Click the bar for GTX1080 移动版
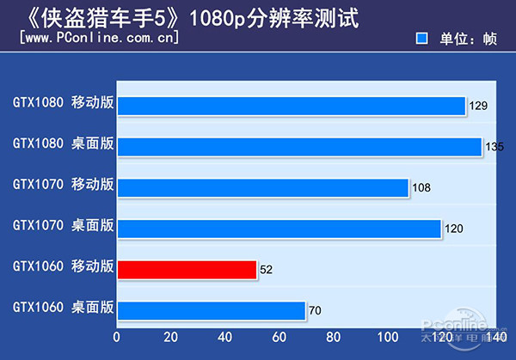pyautogui.click(x=292, y=106)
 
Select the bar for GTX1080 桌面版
pyautogui.click(x=299, y=147)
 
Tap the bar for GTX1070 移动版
pyautogui.click(x=263, y=187)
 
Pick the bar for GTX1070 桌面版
pyautogui.click(x=279, y=229)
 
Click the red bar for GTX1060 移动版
pyautogui.click(x=187, y=270)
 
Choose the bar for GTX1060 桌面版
pyautogui.click(x=212, y=310)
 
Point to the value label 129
pyautogui.click(x=478, y=106)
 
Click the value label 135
pyautogui.click(x=494, y=147)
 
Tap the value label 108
pyautogui.click(x=421, y=187)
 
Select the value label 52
pyautogui.click(x=266, y=270)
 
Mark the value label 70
pyautogui.click(x=316, y=310)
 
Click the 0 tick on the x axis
pyautogui.click(x=117, y=337)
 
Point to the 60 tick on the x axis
pyautogui.click(x=279, y=337)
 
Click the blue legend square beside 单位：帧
pyautogui.click(x=421, y=39)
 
